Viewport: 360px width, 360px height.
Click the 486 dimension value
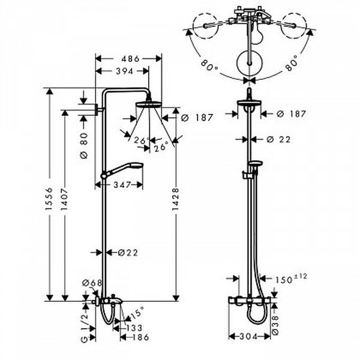click(130, 59)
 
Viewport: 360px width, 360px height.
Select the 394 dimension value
click(125, 71)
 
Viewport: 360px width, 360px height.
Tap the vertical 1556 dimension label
click(49, 199)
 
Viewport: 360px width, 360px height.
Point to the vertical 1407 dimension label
click(65, 199)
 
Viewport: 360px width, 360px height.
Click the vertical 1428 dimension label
click(175, 199)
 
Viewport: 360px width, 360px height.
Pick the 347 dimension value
click(122, 185)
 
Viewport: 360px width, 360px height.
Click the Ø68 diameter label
click(92, 283)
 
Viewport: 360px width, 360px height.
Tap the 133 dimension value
click(134, 328)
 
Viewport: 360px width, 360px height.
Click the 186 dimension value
click(141, 337)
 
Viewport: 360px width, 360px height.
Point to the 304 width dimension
click(249, 337)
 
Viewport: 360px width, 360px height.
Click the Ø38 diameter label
click(276, 325)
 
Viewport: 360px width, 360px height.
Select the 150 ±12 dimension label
click(291, 278)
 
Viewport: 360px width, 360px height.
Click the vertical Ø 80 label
click(84, 145)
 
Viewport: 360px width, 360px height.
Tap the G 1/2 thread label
click(85, 328)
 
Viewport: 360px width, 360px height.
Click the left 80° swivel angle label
click(209, 65)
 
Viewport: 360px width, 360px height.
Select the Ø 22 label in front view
click(279, 139)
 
